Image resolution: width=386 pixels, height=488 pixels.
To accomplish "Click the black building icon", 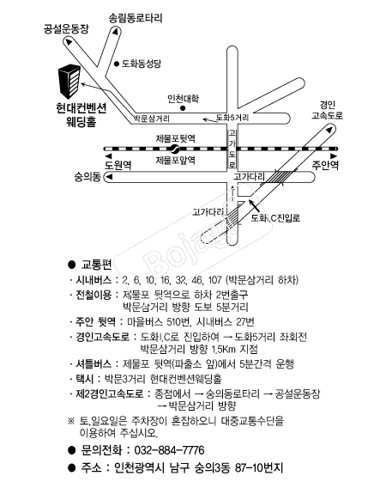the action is [x=69, y=82].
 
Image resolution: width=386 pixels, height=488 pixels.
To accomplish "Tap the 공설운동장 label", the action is [x=66, y=29].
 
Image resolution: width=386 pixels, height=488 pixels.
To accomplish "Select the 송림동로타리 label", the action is [x=136, y=18].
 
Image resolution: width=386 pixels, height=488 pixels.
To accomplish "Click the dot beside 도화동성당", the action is [x=117, y=64].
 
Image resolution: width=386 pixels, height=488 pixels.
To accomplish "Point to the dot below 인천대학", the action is [x=183, y=108].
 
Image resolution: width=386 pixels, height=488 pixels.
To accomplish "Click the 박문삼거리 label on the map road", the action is [x=152, y=119].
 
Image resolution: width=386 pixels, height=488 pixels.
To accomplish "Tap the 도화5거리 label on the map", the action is [x=232, y=118].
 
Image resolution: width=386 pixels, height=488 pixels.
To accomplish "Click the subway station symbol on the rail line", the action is [x=174, y=149].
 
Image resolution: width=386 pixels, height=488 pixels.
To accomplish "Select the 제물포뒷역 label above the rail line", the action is [x=176, y=138].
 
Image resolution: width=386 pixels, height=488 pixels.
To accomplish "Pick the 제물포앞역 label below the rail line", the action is [x=176, y=160].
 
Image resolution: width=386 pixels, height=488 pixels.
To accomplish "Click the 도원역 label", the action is [x=118, y=165].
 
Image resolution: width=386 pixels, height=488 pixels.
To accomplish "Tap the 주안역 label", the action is [x=325, y=165].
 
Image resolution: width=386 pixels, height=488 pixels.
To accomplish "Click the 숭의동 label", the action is [x=87, y=177].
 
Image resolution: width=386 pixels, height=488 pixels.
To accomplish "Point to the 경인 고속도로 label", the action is [x=328, y=110].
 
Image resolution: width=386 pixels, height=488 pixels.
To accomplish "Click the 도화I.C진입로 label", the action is [x=275, y=218].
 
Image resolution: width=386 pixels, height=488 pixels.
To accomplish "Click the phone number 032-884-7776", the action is [x=169, y=450].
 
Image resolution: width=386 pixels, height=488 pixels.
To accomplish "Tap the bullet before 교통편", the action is [x=72, y=265].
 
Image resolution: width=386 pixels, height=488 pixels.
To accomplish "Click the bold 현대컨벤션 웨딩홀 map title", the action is [x=81, y=114].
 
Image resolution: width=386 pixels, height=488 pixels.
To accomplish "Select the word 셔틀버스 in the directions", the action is [x=93, y=363].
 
